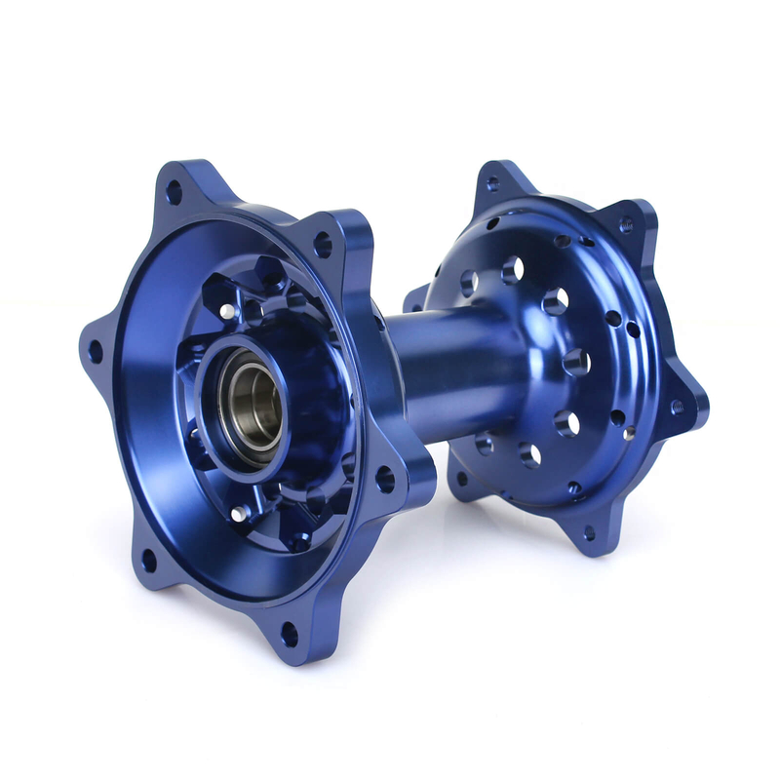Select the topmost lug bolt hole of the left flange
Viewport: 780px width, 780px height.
(174, 192)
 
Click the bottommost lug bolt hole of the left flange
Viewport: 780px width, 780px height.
(290, 634)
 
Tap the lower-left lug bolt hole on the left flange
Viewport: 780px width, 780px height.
(147, 560)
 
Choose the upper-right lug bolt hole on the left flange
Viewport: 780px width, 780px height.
(323, 244)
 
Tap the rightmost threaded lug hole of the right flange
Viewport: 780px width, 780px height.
(677, 406)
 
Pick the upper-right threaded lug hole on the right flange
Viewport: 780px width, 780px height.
(626, 224)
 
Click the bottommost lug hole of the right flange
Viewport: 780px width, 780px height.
(589, 532)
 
